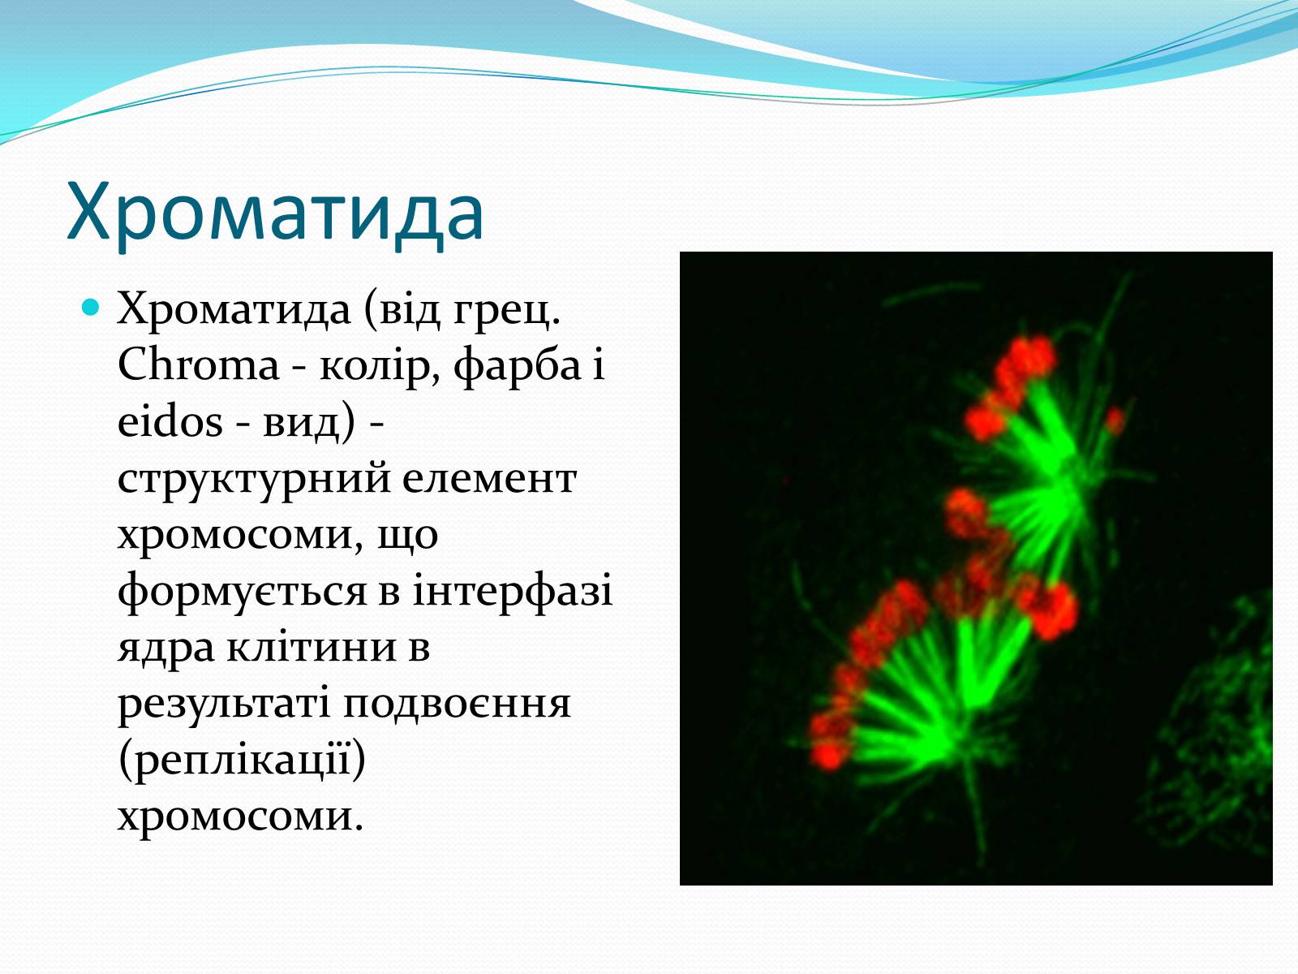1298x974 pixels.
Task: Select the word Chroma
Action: pos(198,365)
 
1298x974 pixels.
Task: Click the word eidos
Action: pos(170,422)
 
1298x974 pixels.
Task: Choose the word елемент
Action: pos(490,479)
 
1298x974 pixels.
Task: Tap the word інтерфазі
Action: pos(513,592)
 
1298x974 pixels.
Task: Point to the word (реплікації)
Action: pos(242,761)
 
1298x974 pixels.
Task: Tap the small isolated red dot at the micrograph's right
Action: pos(1115,421)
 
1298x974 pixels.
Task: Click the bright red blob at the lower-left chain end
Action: pos(827,755)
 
